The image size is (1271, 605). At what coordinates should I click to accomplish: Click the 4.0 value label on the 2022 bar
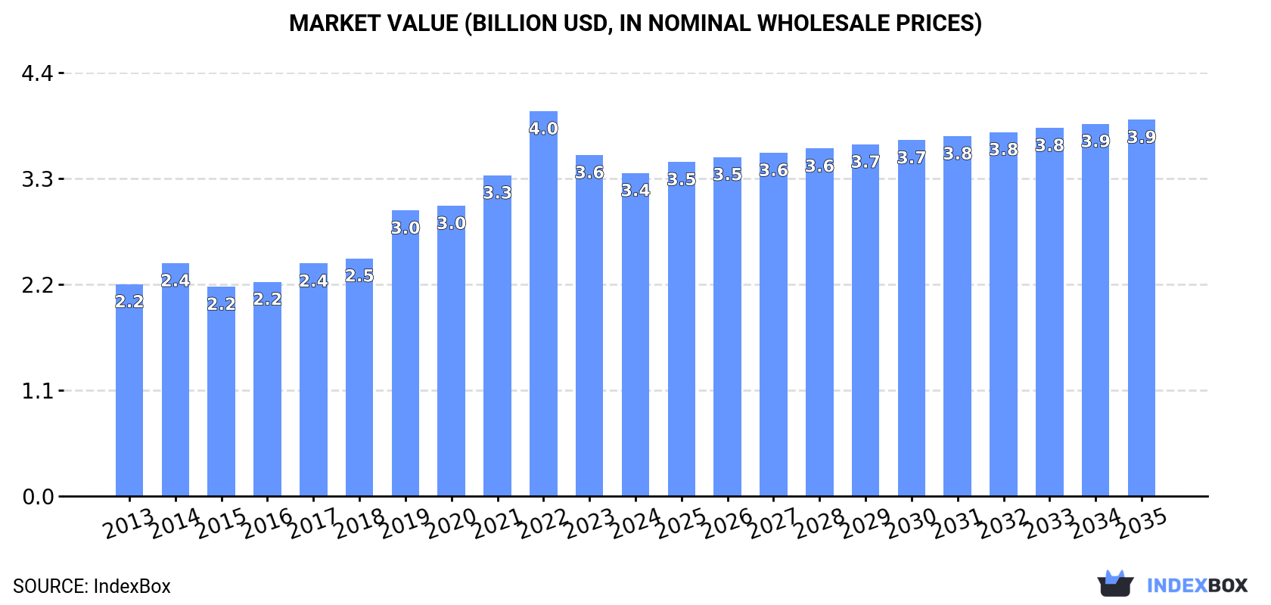(x=543, y=129)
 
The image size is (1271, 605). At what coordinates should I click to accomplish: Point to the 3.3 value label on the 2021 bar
(x=497, y=193)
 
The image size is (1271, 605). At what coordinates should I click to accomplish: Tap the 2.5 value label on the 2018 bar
(x=359, y=276)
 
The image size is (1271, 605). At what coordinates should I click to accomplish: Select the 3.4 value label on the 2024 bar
(x=635, y=191)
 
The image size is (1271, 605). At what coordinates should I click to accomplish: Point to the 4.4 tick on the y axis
(x=37, y=73)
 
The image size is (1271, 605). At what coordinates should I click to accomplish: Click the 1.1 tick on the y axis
(x=37, y=391)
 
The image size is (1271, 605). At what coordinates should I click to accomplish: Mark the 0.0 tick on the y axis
(x=37, y=497)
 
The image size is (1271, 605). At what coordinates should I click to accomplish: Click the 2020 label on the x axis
(x=451, y=523)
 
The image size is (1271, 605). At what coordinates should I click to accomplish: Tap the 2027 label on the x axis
(x=773, y=523)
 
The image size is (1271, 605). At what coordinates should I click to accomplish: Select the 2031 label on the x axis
(x=957, y=523)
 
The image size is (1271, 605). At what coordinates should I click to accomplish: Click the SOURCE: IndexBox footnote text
(x=92, y=586)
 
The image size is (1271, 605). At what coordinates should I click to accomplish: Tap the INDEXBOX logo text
(x=1197, y=585)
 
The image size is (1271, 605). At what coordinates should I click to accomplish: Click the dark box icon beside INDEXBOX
(x=1115, y=584)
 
